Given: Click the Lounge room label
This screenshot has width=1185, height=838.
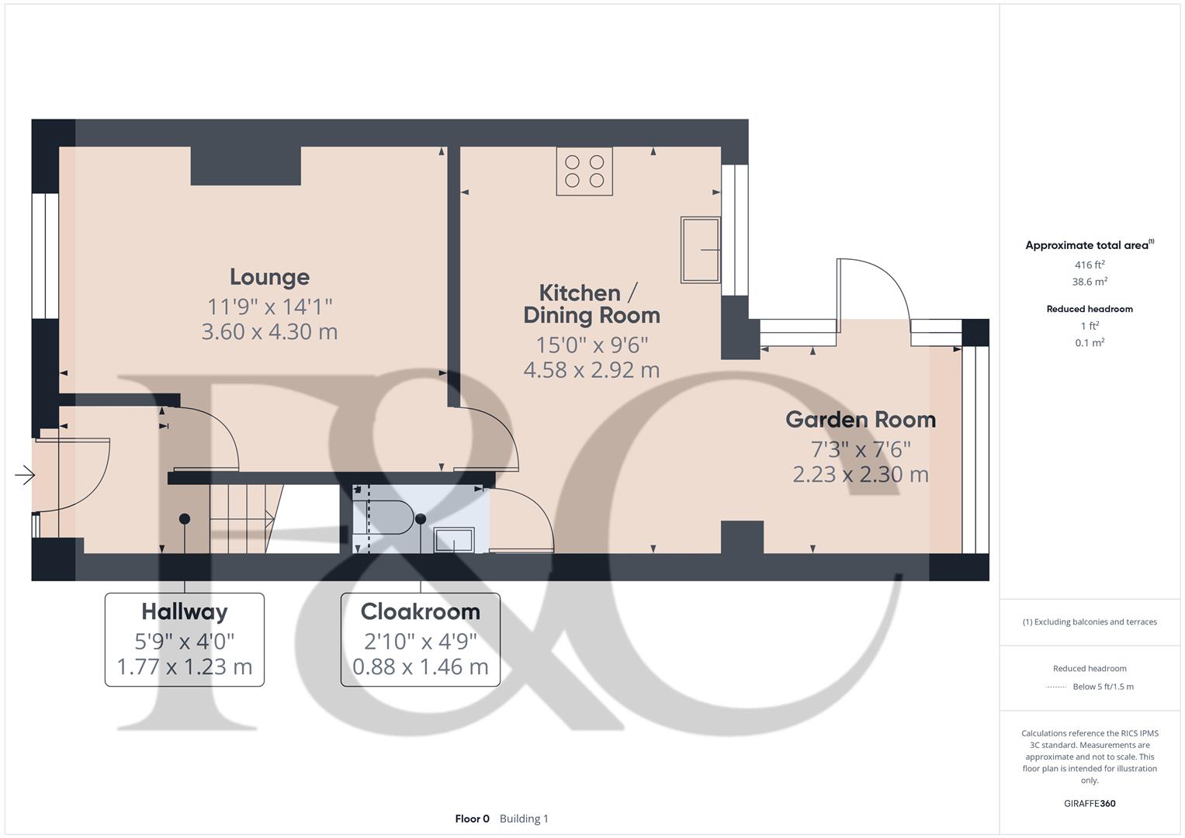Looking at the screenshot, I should (x=269, y=277).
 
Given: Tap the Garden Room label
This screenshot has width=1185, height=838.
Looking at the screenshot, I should (x=861, y=420).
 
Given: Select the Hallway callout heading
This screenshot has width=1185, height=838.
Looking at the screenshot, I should (x=185, y=611).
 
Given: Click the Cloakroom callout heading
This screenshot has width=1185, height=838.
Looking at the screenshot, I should (x=421, y=611).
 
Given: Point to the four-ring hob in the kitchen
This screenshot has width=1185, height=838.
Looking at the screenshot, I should (x=584, y=171).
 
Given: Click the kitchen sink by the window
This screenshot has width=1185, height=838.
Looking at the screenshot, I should (x=700, y=250).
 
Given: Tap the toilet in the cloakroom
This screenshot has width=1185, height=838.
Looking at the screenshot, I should (x=383, y=518).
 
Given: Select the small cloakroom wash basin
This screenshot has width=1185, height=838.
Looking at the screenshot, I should (x=454, y=539).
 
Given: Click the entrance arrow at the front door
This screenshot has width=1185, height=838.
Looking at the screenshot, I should (x=25, y=475).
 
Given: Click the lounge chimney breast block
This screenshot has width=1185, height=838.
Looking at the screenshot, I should (x=246, y=166).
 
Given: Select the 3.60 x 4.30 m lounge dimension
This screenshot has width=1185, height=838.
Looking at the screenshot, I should (x=269, y=332).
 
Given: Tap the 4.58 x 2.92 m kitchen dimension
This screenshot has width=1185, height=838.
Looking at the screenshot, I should (x=591, y=370).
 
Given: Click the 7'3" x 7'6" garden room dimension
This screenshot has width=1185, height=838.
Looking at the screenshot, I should (x=861, y=449).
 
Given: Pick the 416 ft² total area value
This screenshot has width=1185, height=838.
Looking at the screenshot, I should (x=1090, y=265).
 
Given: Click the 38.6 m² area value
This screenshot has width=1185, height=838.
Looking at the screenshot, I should (x=1090, y=282).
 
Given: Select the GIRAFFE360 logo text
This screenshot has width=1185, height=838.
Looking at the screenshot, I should (x=1090, y=804).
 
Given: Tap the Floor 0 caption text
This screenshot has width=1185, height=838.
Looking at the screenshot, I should (x=472, y=819).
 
